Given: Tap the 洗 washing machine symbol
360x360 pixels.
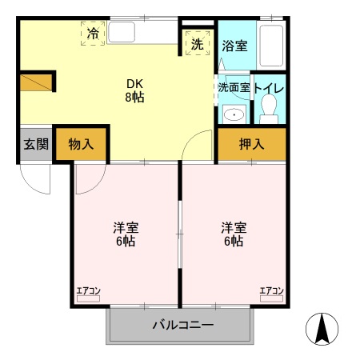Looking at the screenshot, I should tap(197, 44).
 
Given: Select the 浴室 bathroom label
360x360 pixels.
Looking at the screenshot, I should tap(235, 45).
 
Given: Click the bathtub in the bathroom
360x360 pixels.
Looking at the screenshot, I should tap(272, 46).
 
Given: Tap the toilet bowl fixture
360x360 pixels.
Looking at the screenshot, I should tap(270, 106).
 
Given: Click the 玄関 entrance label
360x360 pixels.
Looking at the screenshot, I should tap(35, 145).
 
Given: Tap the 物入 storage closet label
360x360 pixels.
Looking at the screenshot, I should tap(81, 145).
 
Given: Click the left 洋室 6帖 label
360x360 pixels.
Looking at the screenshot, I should tap(125, 234).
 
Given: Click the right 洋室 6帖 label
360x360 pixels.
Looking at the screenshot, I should tap(234, 234).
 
